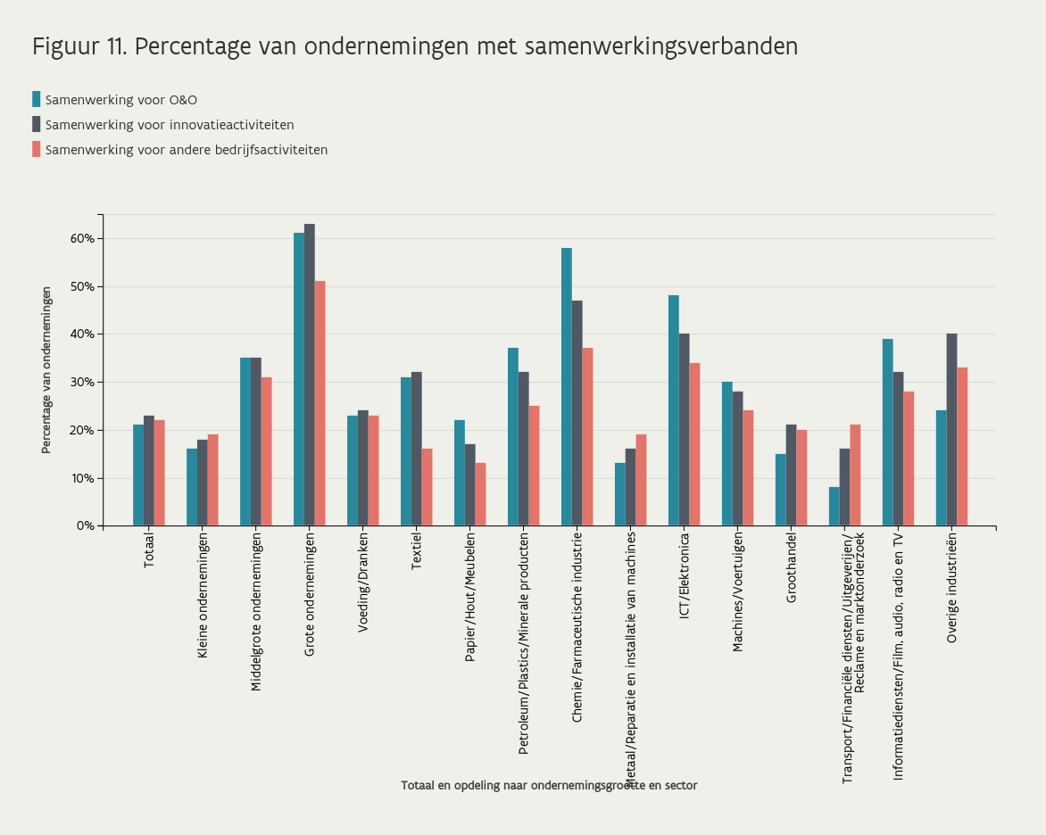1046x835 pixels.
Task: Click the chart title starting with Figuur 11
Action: coord(415,46)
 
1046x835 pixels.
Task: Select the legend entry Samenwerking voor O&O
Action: coord(120,100)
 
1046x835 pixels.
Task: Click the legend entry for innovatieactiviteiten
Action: coord(169,125)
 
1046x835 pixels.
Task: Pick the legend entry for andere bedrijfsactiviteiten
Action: coord(186,150)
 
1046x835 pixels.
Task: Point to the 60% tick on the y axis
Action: coord(82,238)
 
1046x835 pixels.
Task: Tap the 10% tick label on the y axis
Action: coord(82,478)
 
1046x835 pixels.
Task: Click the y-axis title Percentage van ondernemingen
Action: coord(46,369)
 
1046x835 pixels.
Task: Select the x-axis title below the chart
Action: coord(549,786)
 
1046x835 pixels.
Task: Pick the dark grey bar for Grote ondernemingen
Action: coord(310,375)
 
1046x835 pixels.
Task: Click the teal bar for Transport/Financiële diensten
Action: coord(834,506)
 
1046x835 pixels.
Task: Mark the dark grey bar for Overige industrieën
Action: coord(951,429)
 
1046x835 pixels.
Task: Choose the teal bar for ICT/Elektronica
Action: coord(674,410)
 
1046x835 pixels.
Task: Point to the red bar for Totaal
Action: coord(160,473)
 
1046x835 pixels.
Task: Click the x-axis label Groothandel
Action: coord(792,571)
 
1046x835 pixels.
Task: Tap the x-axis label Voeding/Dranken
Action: coord(363,583)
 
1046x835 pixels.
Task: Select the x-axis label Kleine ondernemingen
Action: coord(203,597)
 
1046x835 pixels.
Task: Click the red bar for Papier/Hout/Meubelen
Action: coord(480,494)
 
